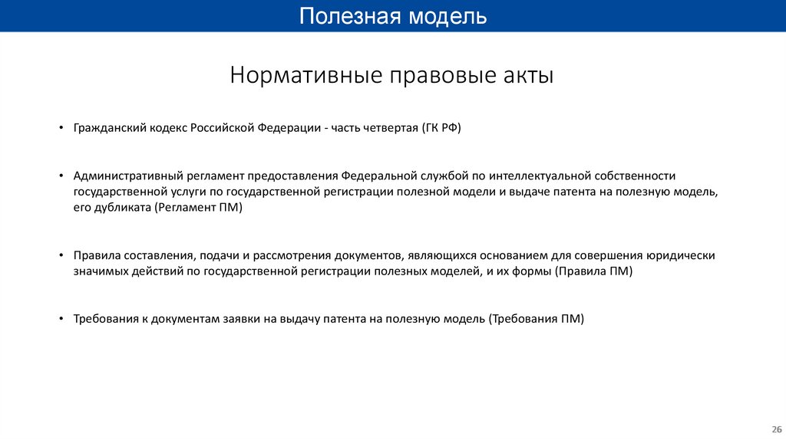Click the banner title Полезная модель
click(x=392, y=16)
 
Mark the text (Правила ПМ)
click(x=593, y=271)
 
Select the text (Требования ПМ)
click(x=536, y=320)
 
